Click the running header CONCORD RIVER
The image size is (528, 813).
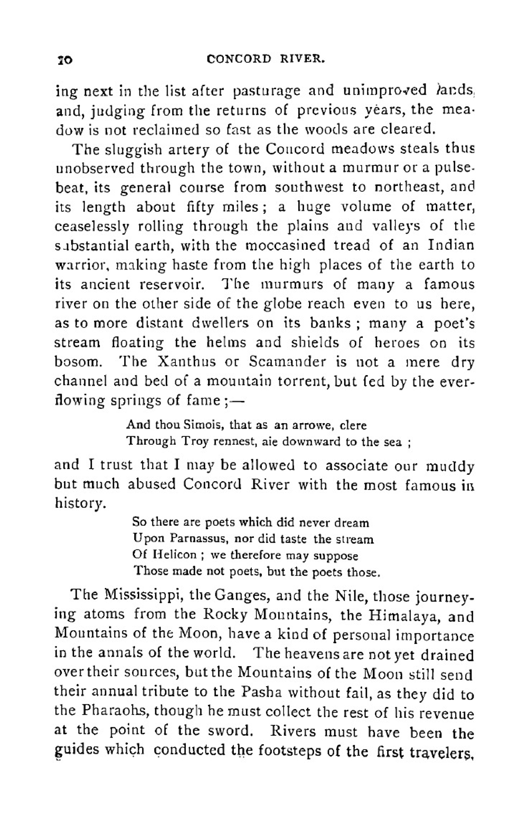(266, 59)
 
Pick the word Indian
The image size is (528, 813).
(450, 245)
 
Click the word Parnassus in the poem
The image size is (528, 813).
(193, 540)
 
